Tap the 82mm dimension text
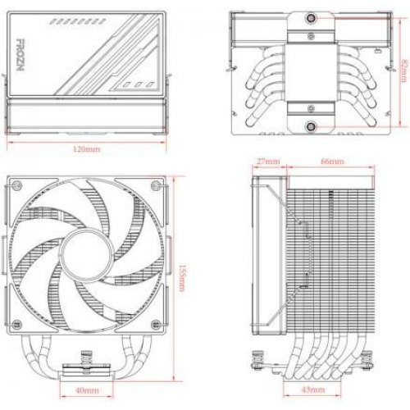point(404,70)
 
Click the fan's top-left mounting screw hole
point(18,184)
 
